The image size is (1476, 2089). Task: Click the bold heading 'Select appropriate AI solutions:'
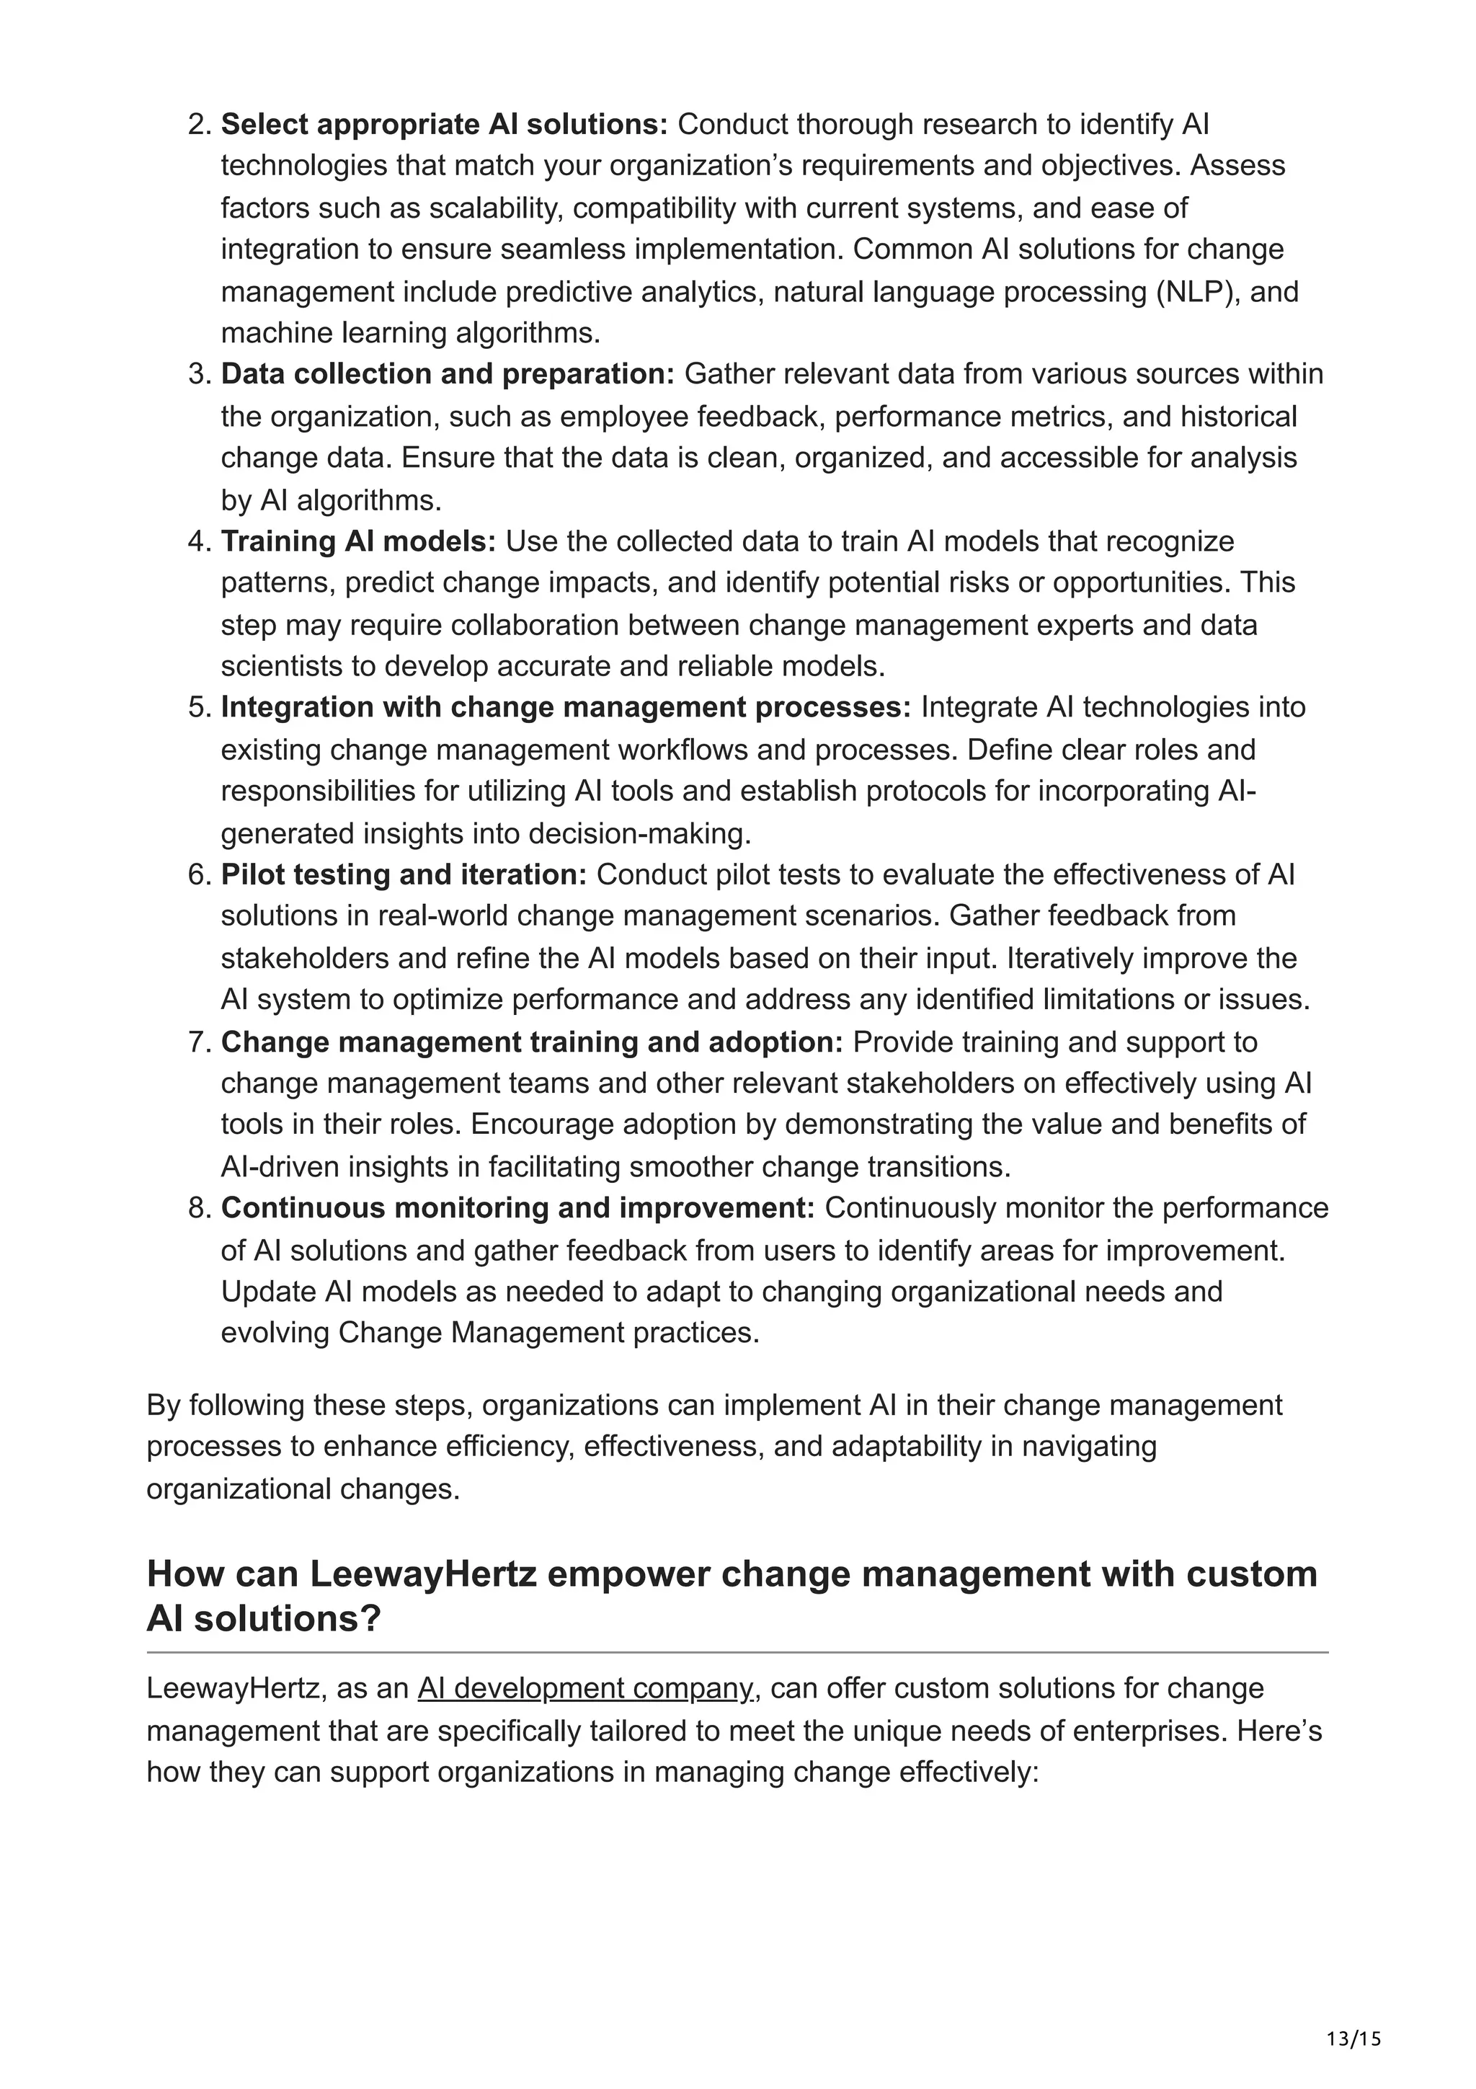pos(444,124)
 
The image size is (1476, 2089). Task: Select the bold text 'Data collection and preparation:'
pos(448,374)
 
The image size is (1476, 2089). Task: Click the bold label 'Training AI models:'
pos(358,541)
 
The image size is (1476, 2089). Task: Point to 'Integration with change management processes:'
pos(566,707)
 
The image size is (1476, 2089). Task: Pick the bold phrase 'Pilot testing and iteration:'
pos(404,874)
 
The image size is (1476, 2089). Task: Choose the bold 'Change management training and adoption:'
pos(532,1042)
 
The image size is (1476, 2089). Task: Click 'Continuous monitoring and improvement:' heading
pos(517,1208)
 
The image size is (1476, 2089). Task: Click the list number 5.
pos(199,707)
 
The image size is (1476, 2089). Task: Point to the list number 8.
pos(199,1208)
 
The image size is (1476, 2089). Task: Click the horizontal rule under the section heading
pos(737,1652)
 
